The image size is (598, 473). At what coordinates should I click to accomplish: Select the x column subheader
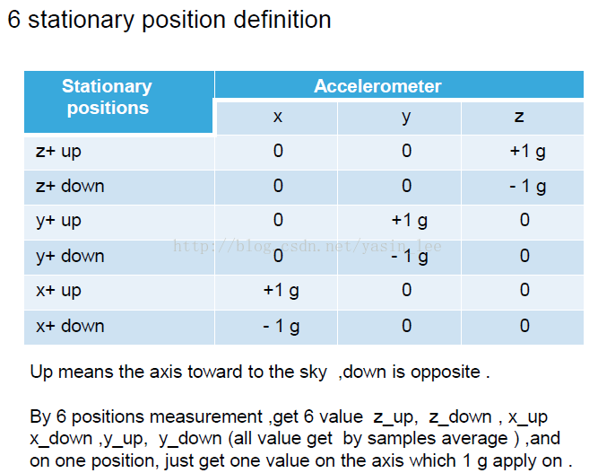(x=278, y=117)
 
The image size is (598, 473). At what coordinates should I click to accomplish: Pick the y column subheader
(x=406, y=118)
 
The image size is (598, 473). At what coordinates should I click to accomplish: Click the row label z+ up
(x=58, y=152)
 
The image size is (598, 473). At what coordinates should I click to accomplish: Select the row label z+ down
(x=70, y=186)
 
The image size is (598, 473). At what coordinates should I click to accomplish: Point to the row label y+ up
(x=58, y=221)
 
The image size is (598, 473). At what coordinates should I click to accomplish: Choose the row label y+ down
(x=70, y=256)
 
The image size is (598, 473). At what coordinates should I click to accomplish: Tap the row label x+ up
(x=58, y=291)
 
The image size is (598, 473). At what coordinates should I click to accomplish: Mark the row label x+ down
(x=70, y=326)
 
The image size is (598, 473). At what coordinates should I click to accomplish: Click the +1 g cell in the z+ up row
(x=527, y=151)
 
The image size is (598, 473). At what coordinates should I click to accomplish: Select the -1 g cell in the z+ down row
(x=527, y=187)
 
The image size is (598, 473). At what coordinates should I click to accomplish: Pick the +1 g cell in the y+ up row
(x=409, y=221)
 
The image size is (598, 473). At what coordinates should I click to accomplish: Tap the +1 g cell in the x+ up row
(x=282, y=291)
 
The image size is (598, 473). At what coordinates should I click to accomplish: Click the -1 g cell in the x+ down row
(x=282, y=327)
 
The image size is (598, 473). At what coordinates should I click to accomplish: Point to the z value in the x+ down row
(x=524, y=326)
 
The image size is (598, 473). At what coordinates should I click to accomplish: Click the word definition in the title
(x=282, y=19)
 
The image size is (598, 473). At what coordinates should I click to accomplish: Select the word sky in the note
(x=313, y=372)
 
